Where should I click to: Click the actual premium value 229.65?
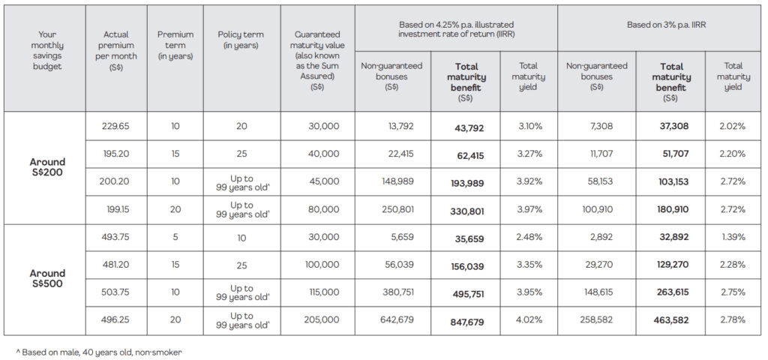point(115,126)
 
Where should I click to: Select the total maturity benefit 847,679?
point(467,322)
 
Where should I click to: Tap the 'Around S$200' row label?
point(47,167)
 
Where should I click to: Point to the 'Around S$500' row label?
point(47,278)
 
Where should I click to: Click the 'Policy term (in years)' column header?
point(241,40)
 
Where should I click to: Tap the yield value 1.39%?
point(733,236)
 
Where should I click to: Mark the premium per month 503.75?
point(115,292)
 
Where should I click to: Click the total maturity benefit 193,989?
point(467,183)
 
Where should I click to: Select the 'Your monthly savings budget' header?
point(47,50)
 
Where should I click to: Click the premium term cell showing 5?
point(175,236)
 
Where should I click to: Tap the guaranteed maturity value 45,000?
point(324,181)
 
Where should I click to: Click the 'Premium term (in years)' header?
point(175,45)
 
